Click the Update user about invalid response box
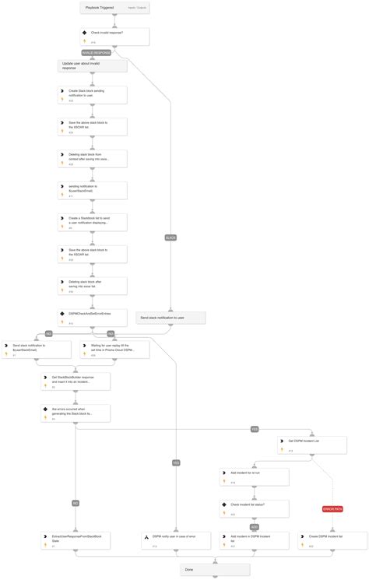(92, 66)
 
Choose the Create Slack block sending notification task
(92, 95)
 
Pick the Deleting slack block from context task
(92, 158)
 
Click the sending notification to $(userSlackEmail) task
(92, 190)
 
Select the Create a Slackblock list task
(92, 222)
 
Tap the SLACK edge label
(170, 237)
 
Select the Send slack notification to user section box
(170, 318)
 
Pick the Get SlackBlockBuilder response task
(76, 380)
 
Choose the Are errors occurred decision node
(76, 413)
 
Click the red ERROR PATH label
(332, 508)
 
